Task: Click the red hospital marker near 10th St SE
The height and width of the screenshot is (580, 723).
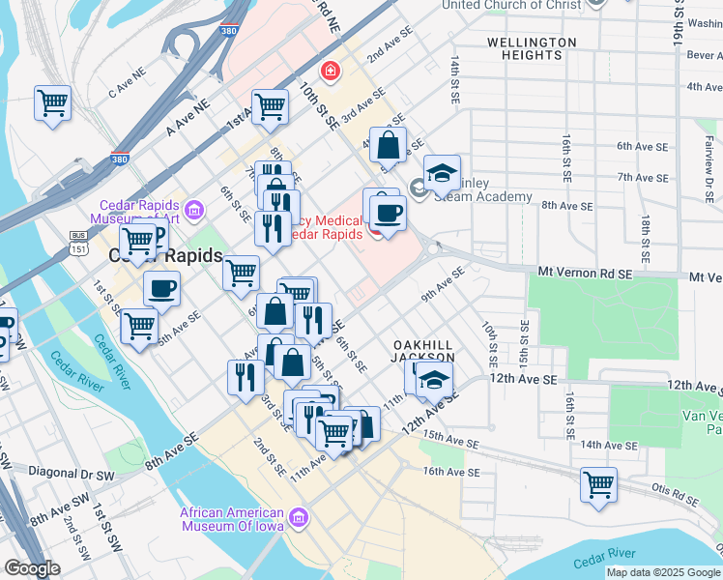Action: coord(331,71)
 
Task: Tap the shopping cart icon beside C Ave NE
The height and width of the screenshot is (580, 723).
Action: coord(52,102)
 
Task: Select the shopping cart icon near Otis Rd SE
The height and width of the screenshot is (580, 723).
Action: coord(598,483)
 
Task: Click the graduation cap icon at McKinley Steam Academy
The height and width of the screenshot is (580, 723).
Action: coord(442,174)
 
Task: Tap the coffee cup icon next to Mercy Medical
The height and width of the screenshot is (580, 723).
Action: coord(388,213)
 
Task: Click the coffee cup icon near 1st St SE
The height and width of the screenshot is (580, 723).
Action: coord(161,287)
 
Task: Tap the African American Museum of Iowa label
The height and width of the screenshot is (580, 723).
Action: coord(232,519)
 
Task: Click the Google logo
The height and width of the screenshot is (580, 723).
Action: coord(33,568)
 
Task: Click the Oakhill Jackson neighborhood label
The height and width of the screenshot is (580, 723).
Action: coord(422,351)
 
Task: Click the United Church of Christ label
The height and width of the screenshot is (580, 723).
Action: coord(512,5)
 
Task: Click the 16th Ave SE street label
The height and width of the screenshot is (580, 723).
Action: coord(451,472)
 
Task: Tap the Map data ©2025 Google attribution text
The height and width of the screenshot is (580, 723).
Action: coord(662,572)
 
